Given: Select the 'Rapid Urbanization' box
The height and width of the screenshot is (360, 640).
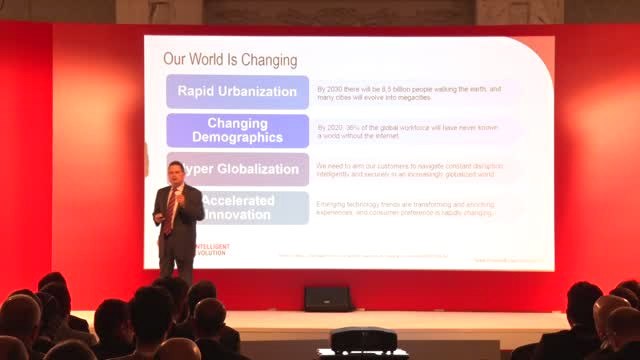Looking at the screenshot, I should click(237, 92).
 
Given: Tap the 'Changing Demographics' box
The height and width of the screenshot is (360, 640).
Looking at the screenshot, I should click(237, 130).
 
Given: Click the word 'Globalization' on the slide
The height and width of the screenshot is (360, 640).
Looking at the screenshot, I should click(251, 168).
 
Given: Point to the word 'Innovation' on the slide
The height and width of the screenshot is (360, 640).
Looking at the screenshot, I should click(237, 215).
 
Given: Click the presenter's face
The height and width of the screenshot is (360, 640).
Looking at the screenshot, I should click(174, 169).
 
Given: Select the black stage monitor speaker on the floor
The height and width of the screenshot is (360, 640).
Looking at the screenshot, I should click(327, 298).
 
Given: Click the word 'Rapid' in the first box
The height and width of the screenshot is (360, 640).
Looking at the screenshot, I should click(199, 92).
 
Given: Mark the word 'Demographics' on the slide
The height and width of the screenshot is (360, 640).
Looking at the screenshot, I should click(237, 138).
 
